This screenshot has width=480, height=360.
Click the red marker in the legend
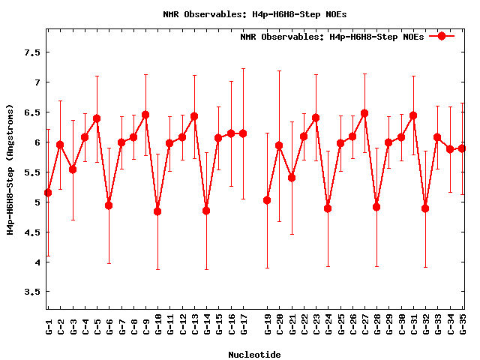[442, 36]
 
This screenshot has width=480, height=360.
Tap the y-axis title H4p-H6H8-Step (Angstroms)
[10, 169]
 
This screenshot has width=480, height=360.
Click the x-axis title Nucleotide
[254, 355]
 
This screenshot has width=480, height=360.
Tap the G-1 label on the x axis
[49, 327]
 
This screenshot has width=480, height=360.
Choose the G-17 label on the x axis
[244, 325]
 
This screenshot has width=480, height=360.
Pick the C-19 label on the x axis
[268, 325]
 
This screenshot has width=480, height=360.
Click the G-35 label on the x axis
[463, 325]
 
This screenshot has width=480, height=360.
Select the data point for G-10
[157, 211]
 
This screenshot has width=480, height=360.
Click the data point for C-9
[145, 115]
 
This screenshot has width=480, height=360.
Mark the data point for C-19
[267, 200]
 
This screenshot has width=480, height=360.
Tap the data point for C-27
[364, 113]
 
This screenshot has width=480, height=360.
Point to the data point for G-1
[48, 193]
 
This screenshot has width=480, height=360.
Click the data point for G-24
[328, 208]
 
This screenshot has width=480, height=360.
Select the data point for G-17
[243, 133]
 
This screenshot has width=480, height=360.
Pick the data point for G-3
[73, 169]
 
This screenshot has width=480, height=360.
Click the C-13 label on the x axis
[195, 325]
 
